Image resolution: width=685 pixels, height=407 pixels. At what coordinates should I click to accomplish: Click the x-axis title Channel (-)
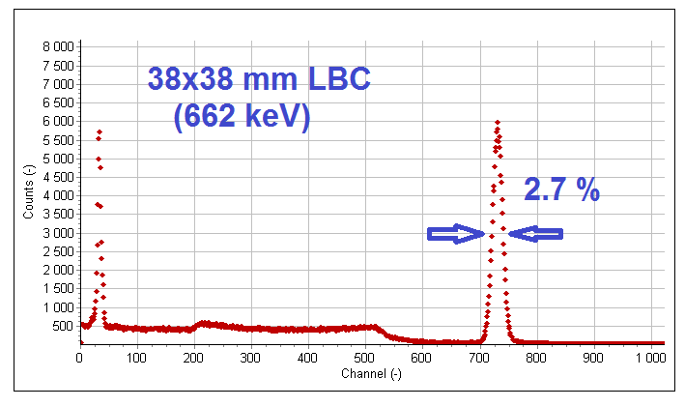click(372, 373)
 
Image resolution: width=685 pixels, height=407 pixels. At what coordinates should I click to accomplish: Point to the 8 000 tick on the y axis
click(59, 46)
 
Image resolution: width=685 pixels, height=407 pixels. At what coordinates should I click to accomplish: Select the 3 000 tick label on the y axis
click(59, 233)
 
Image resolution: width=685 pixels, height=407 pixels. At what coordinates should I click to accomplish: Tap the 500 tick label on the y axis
click(64, 326)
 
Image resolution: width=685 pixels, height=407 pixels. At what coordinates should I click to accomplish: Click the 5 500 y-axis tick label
click(59, 140)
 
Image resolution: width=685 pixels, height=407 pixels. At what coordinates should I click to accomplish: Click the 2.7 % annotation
click(561, 189)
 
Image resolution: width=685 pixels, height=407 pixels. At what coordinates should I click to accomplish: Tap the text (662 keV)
click(243, 117)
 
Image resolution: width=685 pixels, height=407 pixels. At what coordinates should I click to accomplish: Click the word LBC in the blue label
click(338, 79)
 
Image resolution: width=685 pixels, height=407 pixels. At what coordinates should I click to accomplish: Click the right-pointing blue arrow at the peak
click(456, 233)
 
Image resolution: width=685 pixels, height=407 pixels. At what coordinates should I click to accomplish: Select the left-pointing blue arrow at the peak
click(535, 233)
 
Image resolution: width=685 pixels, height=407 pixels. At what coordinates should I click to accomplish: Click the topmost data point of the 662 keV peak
click(497, 122)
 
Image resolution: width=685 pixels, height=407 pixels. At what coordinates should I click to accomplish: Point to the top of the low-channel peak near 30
click(99, 131)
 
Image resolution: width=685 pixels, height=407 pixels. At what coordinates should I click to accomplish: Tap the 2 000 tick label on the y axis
click(59, 270)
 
